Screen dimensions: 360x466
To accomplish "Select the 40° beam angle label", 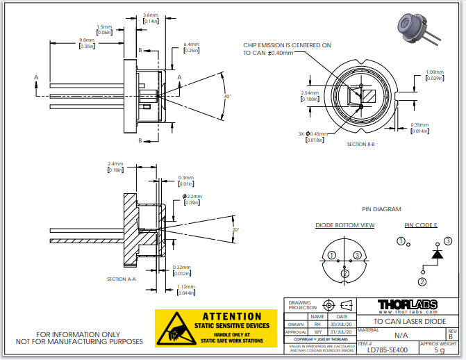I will (x=227, y=96).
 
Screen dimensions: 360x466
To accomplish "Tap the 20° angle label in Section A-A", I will (x=235, y=229).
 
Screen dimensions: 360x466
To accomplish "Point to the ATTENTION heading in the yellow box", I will (x=226, y=317).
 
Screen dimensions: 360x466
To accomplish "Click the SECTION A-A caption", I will (x=122, y=279).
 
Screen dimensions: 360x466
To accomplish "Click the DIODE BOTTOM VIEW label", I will (x=345, y=225).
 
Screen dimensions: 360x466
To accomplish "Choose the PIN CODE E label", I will (x=420, y=225).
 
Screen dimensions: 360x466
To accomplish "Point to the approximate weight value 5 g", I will (x=439, y=351).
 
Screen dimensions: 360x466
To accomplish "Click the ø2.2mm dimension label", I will (x=193, y=199).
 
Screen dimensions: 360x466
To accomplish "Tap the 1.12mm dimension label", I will (x=184, y=290).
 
